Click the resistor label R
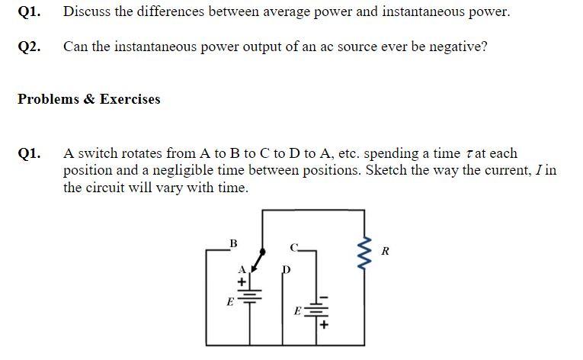[386, 251]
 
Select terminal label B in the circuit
[233, 243]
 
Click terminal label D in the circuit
[287, 268]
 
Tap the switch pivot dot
[263, 250]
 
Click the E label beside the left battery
[229, 302]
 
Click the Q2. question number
[29, 47]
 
